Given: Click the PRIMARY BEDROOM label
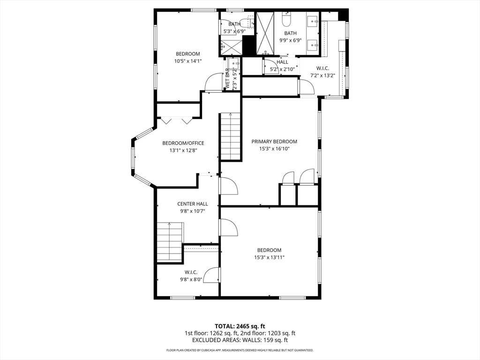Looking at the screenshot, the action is [x=274, y=142].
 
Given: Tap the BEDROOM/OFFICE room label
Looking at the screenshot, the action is [x=183, y=143].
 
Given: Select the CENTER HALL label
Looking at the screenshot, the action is [x=193, y=204].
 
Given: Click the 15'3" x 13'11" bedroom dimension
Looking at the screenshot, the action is [x=270, y=257].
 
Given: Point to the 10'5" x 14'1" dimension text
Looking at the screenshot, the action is [x=188, y=61].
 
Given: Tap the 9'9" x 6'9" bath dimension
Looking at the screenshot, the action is [x=290, y=40].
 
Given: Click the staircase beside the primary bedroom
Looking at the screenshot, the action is [x=231, y=136].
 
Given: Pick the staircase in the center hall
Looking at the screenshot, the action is [x=170, y=242].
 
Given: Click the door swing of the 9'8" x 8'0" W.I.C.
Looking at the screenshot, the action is [x=211, y=275].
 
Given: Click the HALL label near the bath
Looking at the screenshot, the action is [x=282, y=62].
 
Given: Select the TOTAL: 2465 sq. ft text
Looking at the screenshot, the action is [x=240, y=326].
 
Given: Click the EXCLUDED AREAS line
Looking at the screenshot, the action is [x=240, y=340].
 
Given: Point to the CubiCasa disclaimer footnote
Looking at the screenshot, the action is [x=240, y=350].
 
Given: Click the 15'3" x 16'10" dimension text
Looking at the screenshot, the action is [x=274, y=149].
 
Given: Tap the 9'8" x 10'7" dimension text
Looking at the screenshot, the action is [x=193, y=211].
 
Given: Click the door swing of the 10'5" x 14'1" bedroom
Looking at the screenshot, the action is [x=214, y=82].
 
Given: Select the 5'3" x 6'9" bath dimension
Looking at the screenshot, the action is [x=234, y=31].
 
